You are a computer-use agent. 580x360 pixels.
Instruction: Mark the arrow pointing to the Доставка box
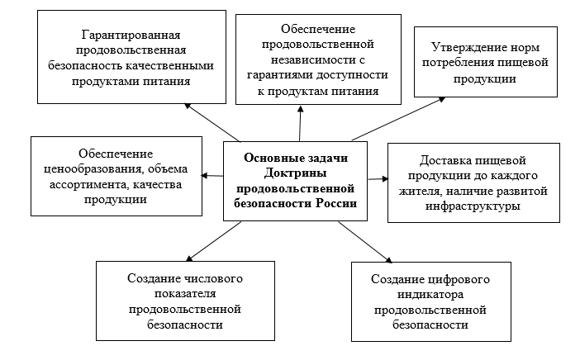[x=376, y=178]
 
